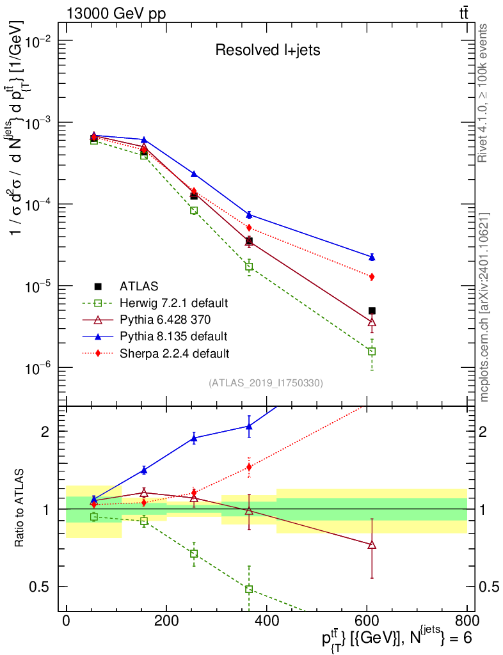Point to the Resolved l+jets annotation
tap(267, 50)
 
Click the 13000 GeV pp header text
tap(116, 13)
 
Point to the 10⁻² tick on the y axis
tap(38, 42)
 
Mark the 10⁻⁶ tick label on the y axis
tap(38, 368)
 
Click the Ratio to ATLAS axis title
tap(19, 508)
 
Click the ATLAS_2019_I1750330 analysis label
tap(266, 383)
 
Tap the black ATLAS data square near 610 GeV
tap(372, 311)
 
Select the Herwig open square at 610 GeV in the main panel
tap(372, 351)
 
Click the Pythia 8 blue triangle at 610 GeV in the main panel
tap(372, 257)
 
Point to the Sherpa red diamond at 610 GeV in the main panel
tap(372, 276)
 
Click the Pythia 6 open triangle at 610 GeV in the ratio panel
tap(372, 545)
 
